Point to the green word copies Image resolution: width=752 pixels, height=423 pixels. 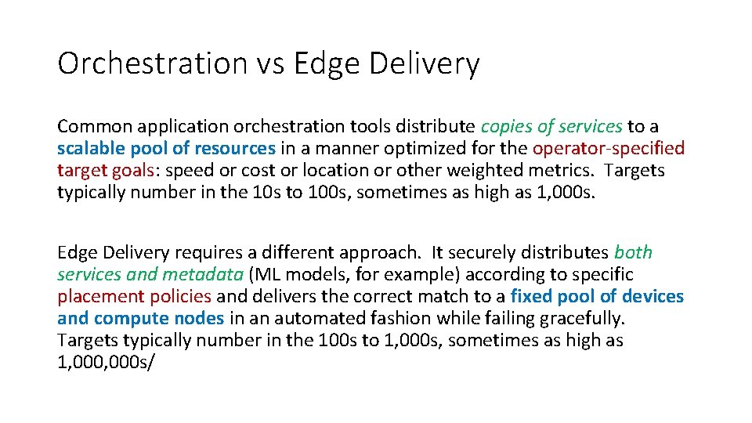pyautogui.click(x=506, y=126)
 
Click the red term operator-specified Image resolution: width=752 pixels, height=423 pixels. pyautogui.click(x=609, y=148)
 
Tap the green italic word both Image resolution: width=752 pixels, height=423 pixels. pyautogui.click(x=634, y=252)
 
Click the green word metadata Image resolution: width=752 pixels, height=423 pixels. pyautogui.click(x=203, y=274)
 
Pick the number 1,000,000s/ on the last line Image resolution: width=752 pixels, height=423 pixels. pyautogui.click(x=107, y=362)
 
